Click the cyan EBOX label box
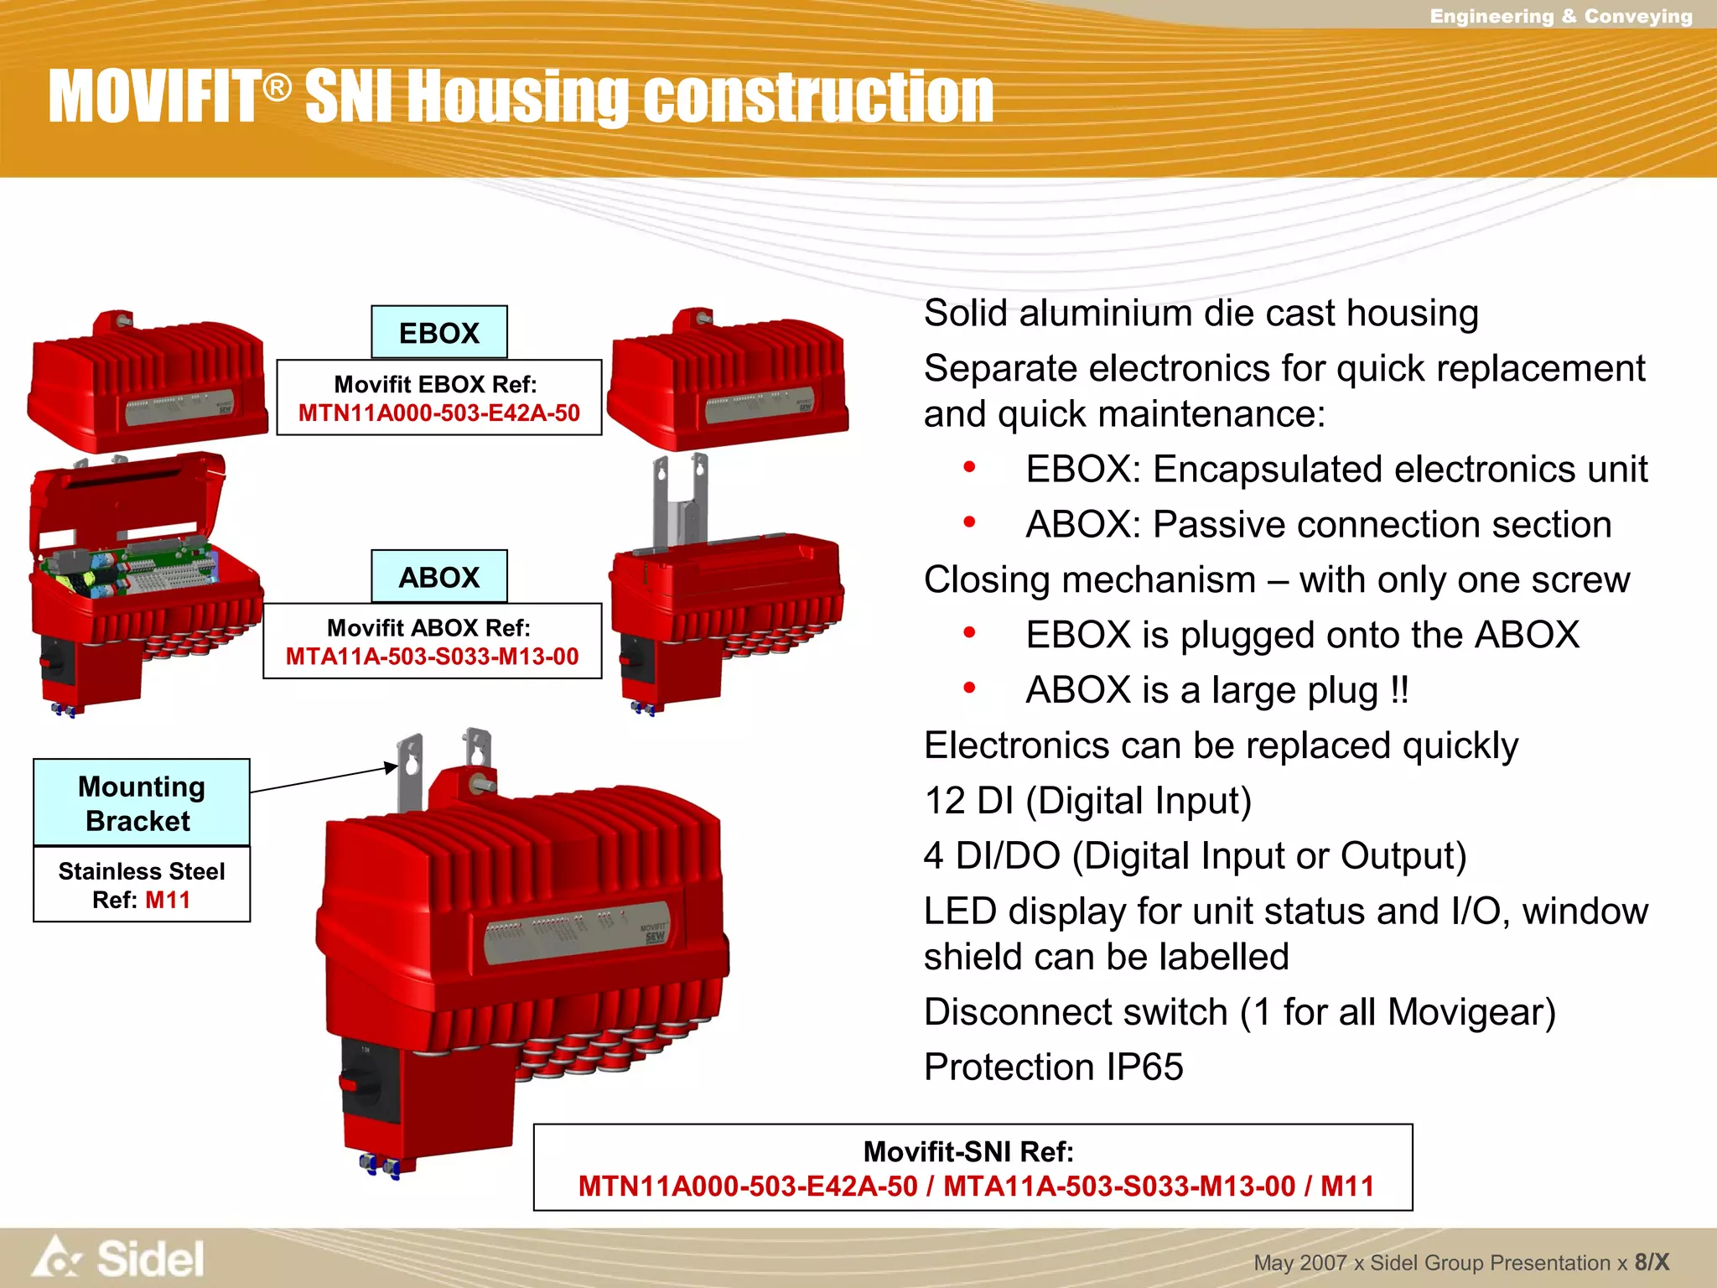[438, 333]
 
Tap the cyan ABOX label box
[438, 577]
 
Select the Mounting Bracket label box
[141, 802]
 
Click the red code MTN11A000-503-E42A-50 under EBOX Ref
[438, 413]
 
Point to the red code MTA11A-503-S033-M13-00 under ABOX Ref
[432, 657]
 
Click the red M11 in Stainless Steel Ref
[168, 900]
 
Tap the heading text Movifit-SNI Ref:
[968, 1151]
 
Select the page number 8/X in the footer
[1651, 1262]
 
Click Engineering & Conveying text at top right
[1560, 16]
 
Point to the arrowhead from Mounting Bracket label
[390, 766]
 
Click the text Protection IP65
[1053, 1067]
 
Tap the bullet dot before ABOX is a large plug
[969, 688]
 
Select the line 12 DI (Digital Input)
[1087, 800]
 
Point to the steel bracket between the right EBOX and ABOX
[680, 503]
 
